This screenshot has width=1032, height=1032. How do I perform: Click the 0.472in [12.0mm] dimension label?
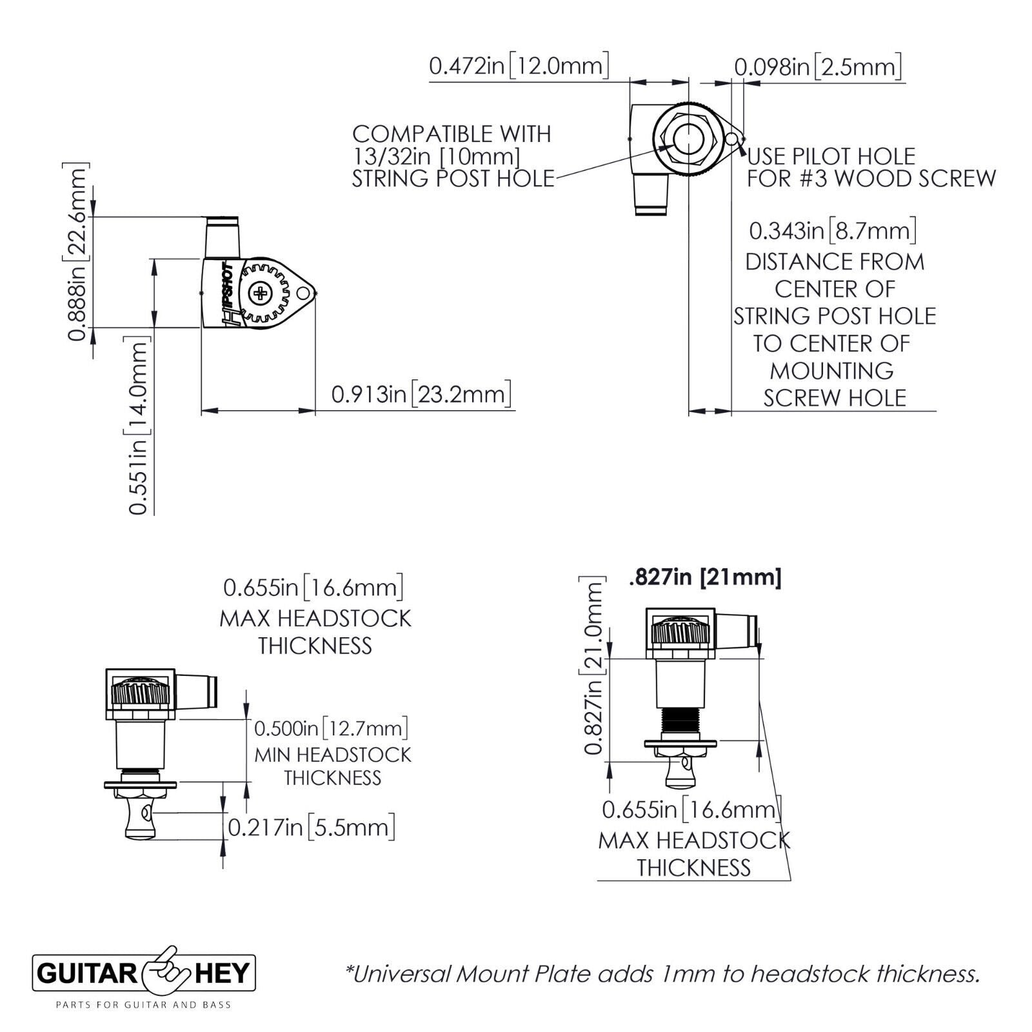[x=519, y=66]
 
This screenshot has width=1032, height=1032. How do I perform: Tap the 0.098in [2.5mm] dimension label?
[x=817, y=67]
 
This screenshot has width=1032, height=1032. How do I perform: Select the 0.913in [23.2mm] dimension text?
[x=421, y=394]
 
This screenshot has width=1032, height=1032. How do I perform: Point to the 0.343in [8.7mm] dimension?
[x=833, y=230]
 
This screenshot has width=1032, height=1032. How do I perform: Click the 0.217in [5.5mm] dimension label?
[x=311, y=827]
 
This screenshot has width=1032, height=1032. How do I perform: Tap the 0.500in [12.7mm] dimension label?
[x=331, y=729]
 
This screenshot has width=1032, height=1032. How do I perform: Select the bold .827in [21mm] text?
[x=704, y=577]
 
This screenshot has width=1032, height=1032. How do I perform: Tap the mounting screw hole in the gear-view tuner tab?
[x=303, y=294]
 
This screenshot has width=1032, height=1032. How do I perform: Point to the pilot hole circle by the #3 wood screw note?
[x=731, y=139]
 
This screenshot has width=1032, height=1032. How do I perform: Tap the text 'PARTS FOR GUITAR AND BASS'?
[x=143, y=1004]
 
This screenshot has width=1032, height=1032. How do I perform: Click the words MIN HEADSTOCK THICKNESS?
[x=333, y=766]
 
